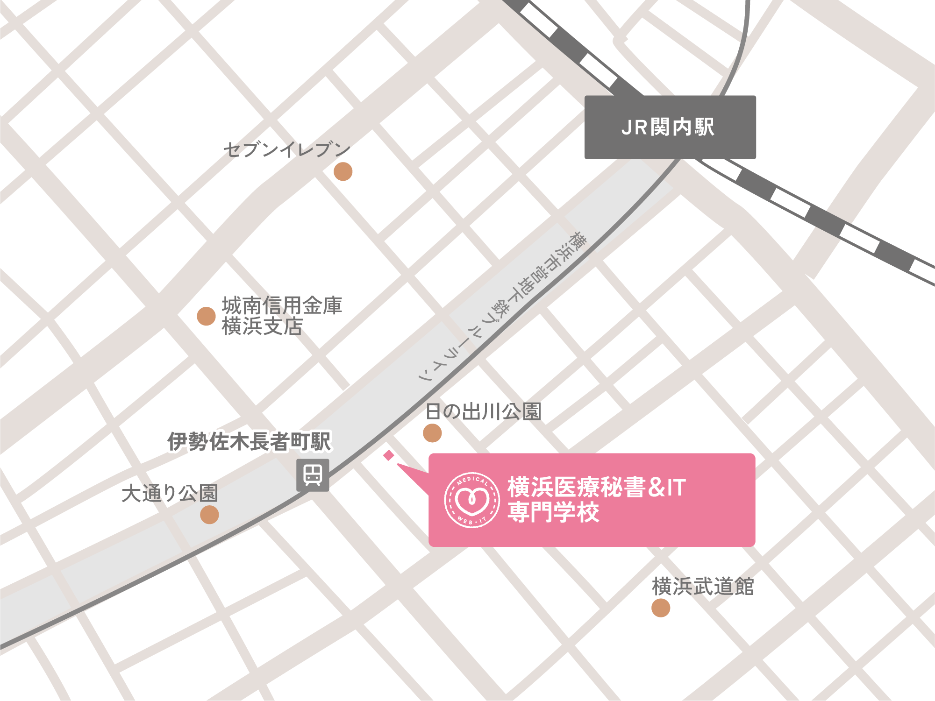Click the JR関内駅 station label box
click(670, 127)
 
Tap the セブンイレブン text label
click(287, 149)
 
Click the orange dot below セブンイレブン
click(343, 172)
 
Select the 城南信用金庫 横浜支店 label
click(282, 316)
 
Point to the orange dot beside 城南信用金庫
click(206, 316)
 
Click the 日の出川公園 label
click(483, 411)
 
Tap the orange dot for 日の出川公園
click(432, 433)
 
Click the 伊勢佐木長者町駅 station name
click(249, 441)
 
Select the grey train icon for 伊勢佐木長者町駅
click(313, 475)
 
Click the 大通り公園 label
click(170, 493)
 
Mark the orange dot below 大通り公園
click(209, 515)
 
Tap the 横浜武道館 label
click(703, 587)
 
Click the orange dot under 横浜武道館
click(661, 608)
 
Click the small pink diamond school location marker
click(389, 455)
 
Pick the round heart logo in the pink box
click(472, 500)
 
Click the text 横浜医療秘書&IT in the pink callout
click(596, 487)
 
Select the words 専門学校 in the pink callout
click(553, 512)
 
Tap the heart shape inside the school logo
click(472, 500)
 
